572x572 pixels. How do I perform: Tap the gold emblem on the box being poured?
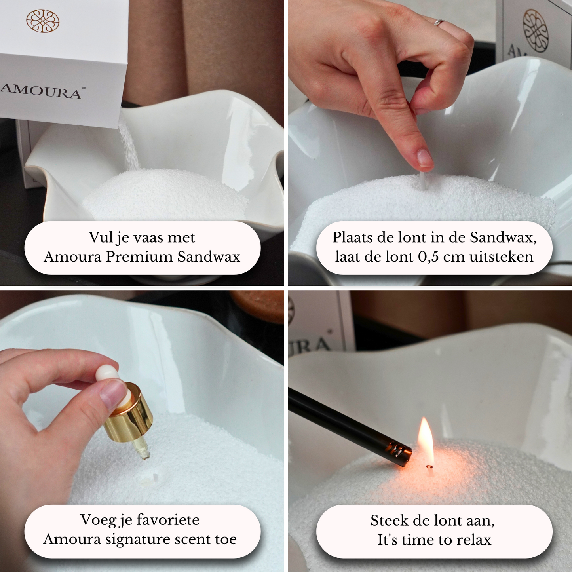coord(43,21)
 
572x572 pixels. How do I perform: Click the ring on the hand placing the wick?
coord(439,22)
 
